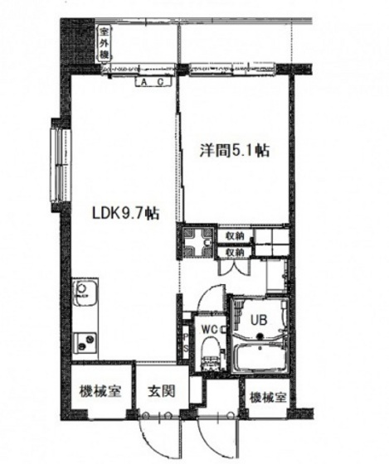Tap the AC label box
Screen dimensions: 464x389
coord(150,83)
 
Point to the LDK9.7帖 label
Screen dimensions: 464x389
coord(125,214)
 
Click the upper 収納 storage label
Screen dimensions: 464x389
coord(235,234)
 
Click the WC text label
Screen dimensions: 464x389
coord(211,327)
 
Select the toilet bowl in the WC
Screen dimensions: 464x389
coord(210,347)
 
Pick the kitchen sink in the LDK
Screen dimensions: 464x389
coord(85,295)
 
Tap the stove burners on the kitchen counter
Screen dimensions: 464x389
coord(85,341)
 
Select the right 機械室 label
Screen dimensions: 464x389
coord(266,398)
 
